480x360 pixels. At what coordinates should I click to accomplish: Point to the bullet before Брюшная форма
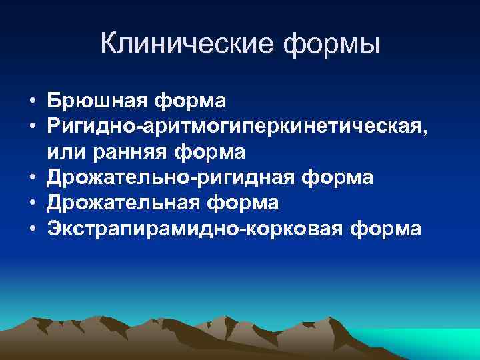click(32, 102)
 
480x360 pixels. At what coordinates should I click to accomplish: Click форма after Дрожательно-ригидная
click(337, 178)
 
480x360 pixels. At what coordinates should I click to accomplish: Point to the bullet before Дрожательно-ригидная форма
click(32, 178)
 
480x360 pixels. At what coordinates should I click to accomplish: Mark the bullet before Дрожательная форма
click(32, 203)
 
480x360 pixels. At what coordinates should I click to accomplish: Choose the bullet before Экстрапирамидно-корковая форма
click(32, 229)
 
